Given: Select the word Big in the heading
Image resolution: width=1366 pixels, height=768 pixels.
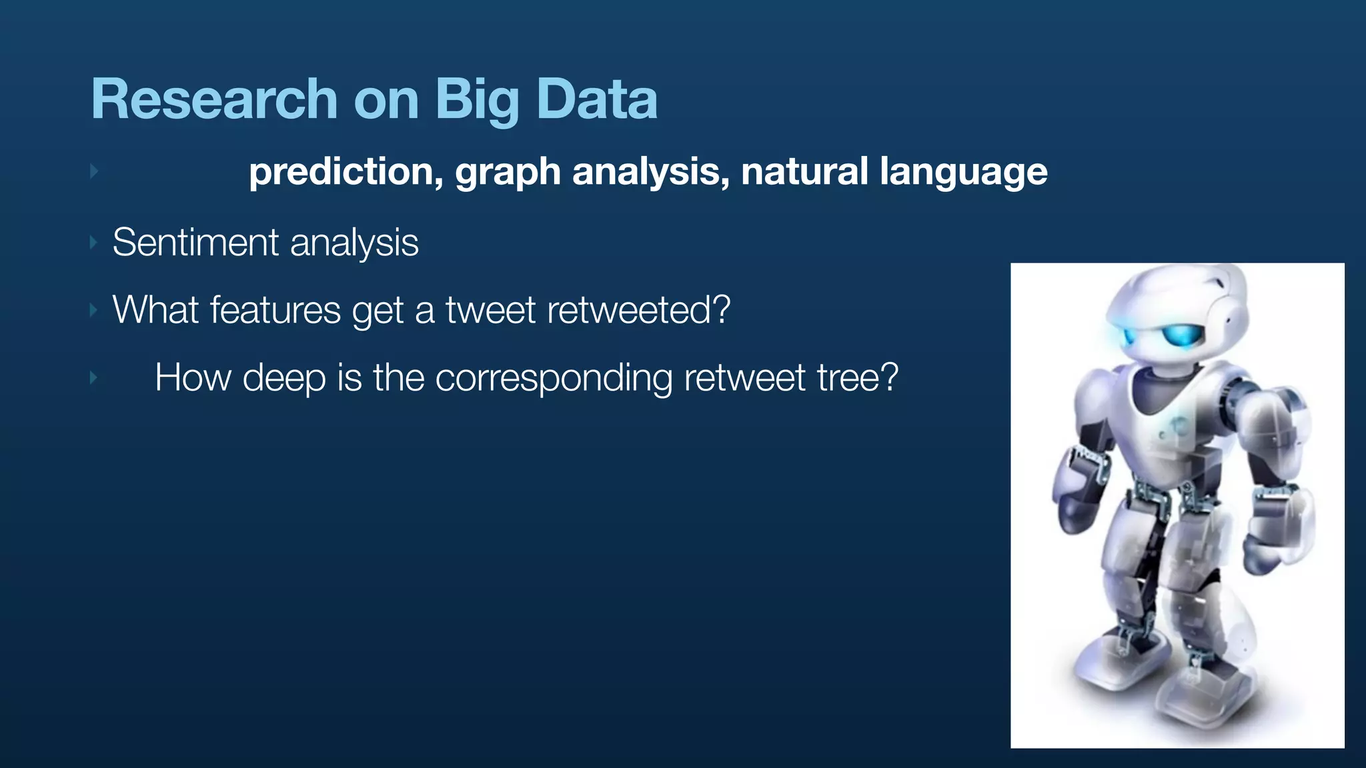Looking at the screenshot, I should pos(477,100).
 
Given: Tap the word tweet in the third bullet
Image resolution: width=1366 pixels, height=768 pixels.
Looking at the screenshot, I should pos(490,310).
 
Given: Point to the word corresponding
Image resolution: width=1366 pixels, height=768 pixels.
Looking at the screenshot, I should pos(554,379).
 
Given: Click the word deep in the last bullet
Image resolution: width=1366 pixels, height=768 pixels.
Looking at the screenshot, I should pos(284,379).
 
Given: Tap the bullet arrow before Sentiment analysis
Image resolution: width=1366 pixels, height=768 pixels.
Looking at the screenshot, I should pos(94,242).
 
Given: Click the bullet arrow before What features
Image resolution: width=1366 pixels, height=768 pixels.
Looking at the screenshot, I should pos(94,310).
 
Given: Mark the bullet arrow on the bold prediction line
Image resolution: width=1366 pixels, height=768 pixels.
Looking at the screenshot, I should pos(94,171).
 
